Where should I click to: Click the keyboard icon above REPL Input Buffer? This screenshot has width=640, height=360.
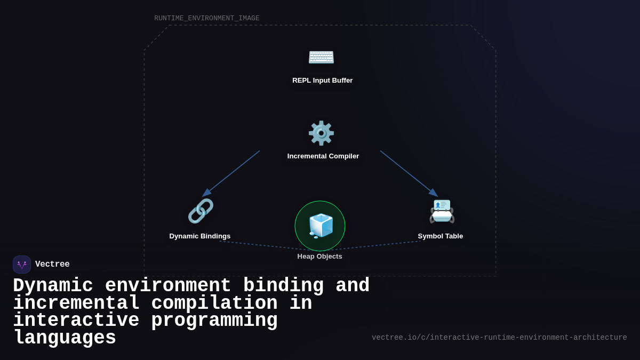[321, 57]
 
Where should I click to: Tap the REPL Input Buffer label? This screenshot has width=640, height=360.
[322, 81]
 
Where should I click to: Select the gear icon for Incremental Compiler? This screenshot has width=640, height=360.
[321, 133]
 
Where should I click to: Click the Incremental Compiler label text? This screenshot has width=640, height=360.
[323, 156]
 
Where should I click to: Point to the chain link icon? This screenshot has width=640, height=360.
[201, 211]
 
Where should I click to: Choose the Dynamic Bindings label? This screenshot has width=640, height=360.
[200, 236]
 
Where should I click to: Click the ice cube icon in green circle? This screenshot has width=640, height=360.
[320, 226]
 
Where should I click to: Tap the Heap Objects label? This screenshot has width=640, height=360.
[319, 257]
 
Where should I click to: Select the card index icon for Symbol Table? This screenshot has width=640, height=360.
[442, 212]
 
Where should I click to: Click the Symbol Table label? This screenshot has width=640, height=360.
[440, 236]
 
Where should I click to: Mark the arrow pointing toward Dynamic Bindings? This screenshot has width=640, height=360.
[231, 173]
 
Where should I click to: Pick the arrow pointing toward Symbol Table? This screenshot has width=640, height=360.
[409, 173]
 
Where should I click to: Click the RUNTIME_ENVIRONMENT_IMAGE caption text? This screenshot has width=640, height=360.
[207, 19]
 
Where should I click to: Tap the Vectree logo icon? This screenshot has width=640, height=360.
[22, 265]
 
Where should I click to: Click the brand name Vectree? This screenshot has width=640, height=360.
[52, 265]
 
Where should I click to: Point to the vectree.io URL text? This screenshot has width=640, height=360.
[499, 338]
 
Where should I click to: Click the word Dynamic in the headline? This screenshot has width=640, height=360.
[53, 286]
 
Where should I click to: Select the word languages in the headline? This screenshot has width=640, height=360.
[65, 338]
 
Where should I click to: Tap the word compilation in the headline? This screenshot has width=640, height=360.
[214, 303]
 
